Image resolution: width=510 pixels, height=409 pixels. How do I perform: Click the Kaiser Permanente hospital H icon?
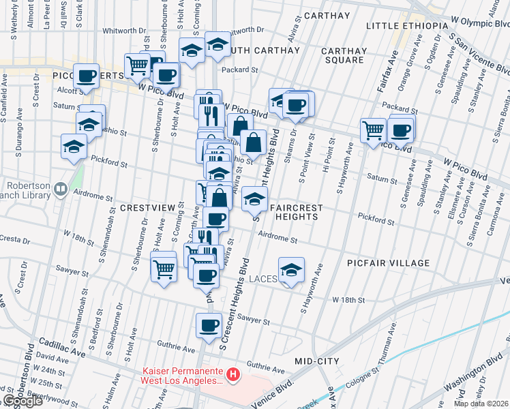click(x=233, y=374)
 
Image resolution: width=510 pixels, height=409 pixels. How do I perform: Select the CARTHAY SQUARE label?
click(x=344, y=55)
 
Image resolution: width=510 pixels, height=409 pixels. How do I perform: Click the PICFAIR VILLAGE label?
click(x=387, y=263)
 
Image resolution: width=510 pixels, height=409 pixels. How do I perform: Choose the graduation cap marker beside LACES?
click(x=291, y=269)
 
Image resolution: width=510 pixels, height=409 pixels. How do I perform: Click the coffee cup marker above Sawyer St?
click(x=209, y=324)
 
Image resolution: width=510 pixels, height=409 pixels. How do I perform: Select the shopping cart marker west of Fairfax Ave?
click(x=373, y=129)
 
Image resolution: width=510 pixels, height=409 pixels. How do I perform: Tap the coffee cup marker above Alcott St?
click(x=87, y=76)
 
